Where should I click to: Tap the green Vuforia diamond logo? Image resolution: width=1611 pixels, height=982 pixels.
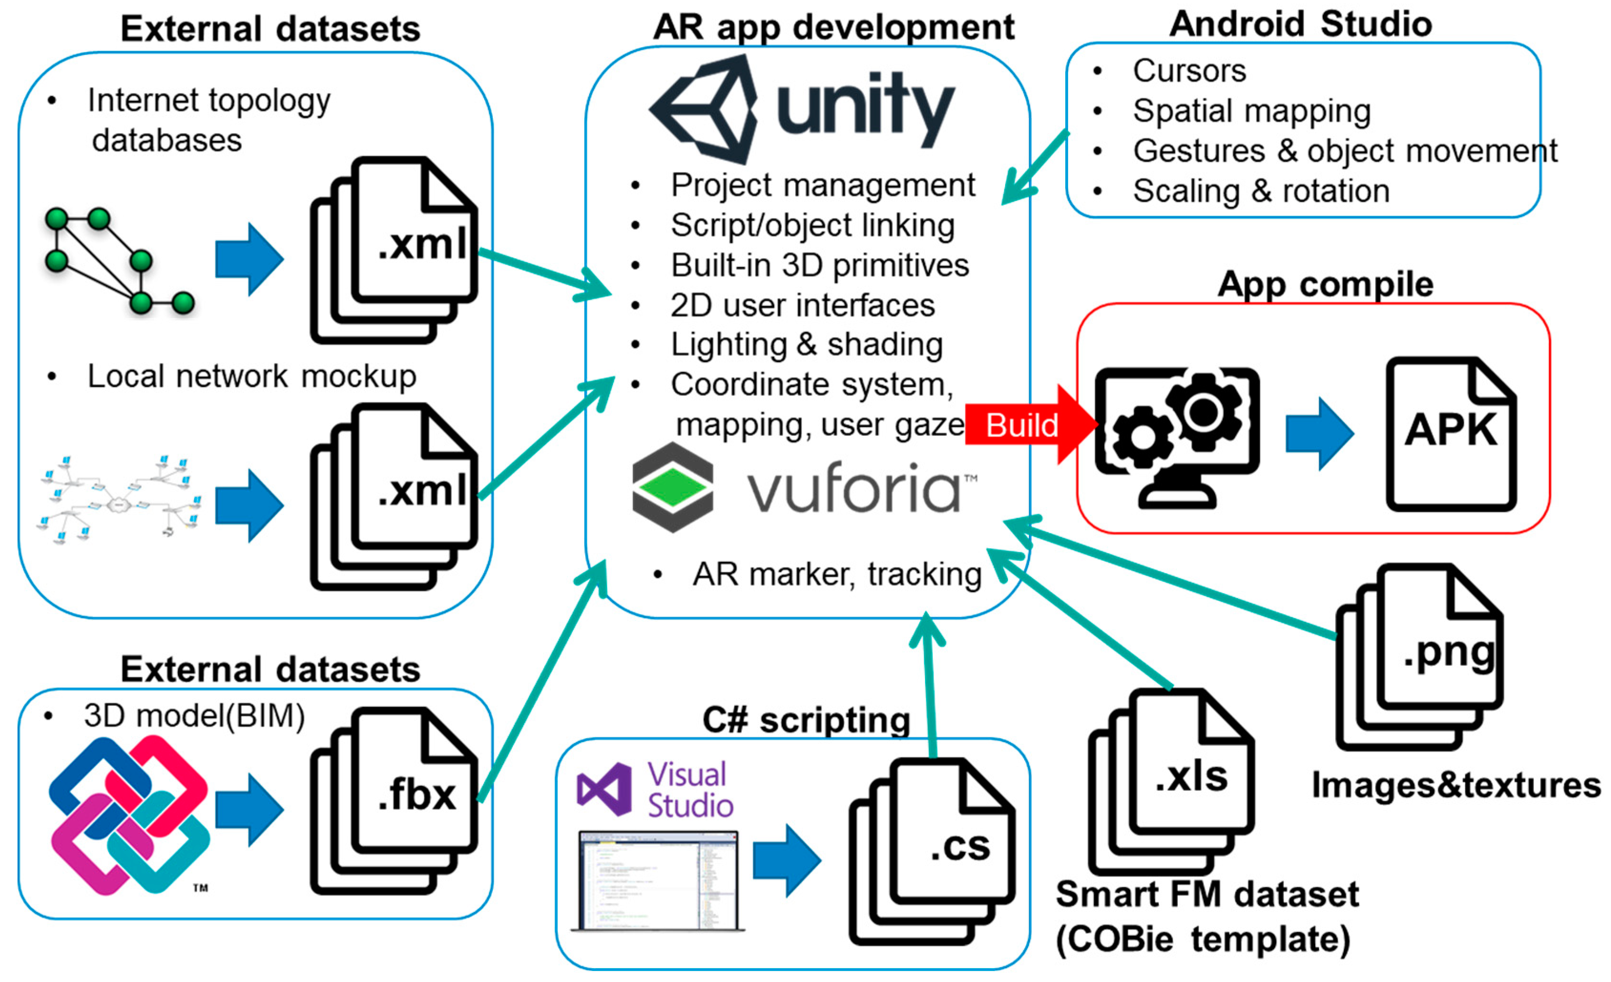[673, 487]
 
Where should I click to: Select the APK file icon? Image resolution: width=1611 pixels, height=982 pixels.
[1450, 434]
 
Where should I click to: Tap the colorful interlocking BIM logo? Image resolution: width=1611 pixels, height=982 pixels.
[129, 815]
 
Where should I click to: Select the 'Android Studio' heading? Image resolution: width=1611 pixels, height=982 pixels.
[1300, 24]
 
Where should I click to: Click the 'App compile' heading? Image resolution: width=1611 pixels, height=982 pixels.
[1325, 284]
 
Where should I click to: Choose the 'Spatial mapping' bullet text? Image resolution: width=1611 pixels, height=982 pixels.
[1251, 111]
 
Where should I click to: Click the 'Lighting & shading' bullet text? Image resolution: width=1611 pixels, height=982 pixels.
[806, 344]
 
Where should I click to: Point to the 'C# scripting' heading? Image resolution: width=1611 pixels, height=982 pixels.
[806, 721]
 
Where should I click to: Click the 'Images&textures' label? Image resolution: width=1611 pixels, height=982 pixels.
[1456, 785]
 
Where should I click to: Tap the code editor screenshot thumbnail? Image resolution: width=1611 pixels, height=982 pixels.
[658, 880]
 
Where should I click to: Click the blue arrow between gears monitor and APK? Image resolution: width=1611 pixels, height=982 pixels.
[1319, 434]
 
